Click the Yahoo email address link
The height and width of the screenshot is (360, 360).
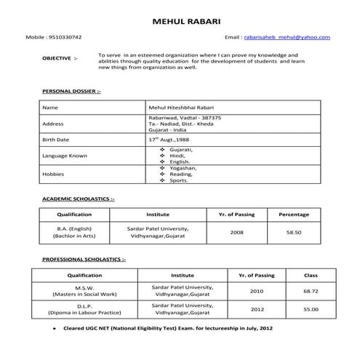[x=287, y=37]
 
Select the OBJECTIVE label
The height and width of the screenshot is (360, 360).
[x=57, y=57]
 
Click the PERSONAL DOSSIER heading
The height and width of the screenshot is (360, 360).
[x=71, y=92]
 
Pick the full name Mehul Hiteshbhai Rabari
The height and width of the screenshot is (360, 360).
[x=180, y=108]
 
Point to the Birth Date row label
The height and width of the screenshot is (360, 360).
[x=56, y=139]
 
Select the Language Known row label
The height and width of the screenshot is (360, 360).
[x=65, y=156]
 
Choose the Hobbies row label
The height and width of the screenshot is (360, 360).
[x=54, y=175]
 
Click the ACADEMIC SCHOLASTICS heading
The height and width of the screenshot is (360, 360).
[x=78, y=199]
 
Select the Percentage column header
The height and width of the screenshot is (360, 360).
[x=293, y=215]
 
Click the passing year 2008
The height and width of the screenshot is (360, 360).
[x=236, y=233]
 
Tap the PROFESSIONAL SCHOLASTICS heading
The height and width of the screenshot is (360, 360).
[x=83, y=260]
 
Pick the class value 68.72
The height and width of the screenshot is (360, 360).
[x=311, y=291]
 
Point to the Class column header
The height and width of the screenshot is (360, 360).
[x=311, y=276]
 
